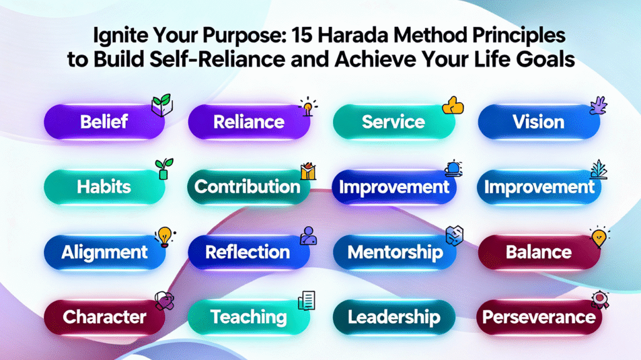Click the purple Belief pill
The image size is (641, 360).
(x=105, y=121)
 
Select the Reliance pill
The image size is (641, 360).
(x=249, y=121)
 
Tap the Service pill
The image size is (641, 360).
(x=393, y=121)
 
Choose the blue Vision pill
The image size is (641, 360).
(x=538, y=121)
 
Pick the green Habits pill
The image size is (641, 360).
(x=103, y=186)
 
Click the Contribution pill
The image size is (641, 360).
(x=247, y=187)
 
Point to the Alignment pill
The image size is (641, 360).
(x=105, y=252)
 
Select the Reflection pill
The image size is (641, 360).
(x=248, y=252)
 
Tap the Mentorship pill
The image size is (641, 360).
(x=394, y=252)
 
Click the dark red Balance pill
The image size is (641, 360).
(x=538, y=252)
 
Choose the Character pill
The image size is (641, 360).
(x=105, y=317)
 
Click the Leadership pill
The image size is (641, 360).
(x=393, y=317)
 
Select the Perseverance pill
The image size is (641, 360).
(x=538, y=317)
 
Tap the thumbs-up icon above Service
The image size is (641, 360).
(x=453, y=106)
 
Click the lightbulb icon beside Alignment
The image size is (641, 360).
(x=164, y=237)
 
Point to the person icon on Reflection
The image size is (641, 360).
(x=307, y=235)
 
